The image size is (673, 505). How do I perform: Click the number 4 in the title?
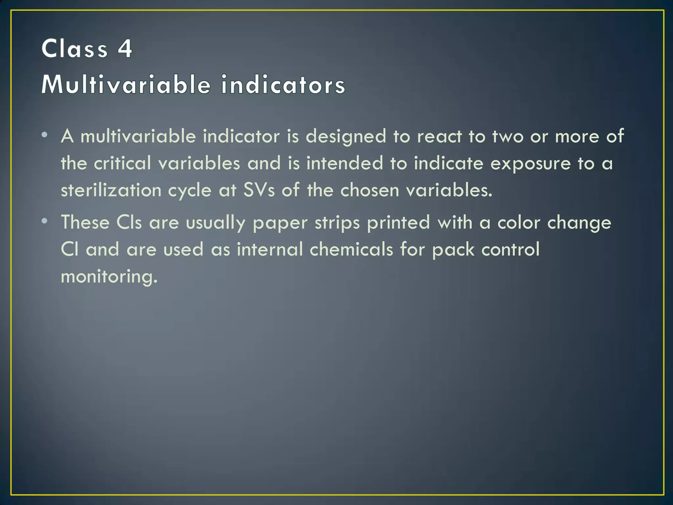(x=125, y=49)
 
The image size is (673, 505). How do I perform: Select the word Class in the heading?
(x=75, y=49)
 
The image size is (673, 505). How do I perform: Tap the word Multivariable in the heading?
(x=126, y=84)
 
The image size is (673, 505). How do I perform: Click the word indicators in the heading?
(x=283, y=84)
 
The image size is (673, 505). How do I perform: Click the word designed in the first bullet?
(x=346, y=136)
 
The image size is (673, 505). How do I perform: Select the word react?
(x=439, y=136)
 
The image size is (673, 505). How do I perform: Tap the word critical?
(x=123, y=163)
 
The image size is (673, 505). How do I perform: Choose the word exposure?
(x=530, y=164)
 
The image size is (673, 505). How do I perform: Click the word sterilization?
(x=111, y=190)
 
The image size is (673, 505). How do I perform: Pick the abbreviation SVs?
(x=259, y=190)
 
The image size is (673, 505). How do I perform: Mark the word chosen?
(x=370, y=190)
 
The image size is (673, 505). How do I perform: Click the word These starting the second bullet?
(x=85, y=222)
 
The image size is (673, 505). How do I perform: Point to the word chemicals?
(x=351, y=249)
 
